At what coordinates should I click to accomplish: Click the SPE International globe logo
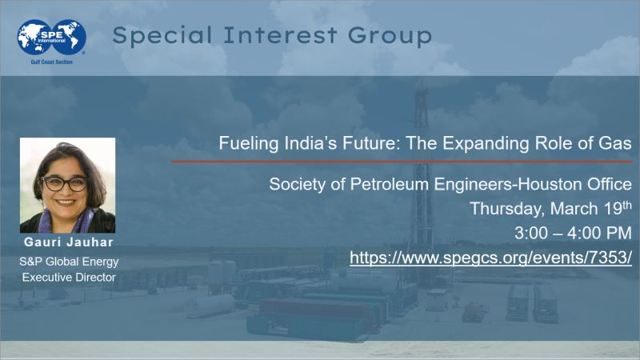51,37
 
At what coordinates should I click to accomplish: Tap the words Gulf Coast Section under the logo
51,62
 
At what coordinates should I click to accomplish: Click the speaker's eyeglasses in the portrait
65,183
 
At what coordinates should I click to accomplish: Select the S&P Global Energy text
67,261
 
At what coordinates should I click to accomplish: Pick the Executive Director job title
67,277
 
